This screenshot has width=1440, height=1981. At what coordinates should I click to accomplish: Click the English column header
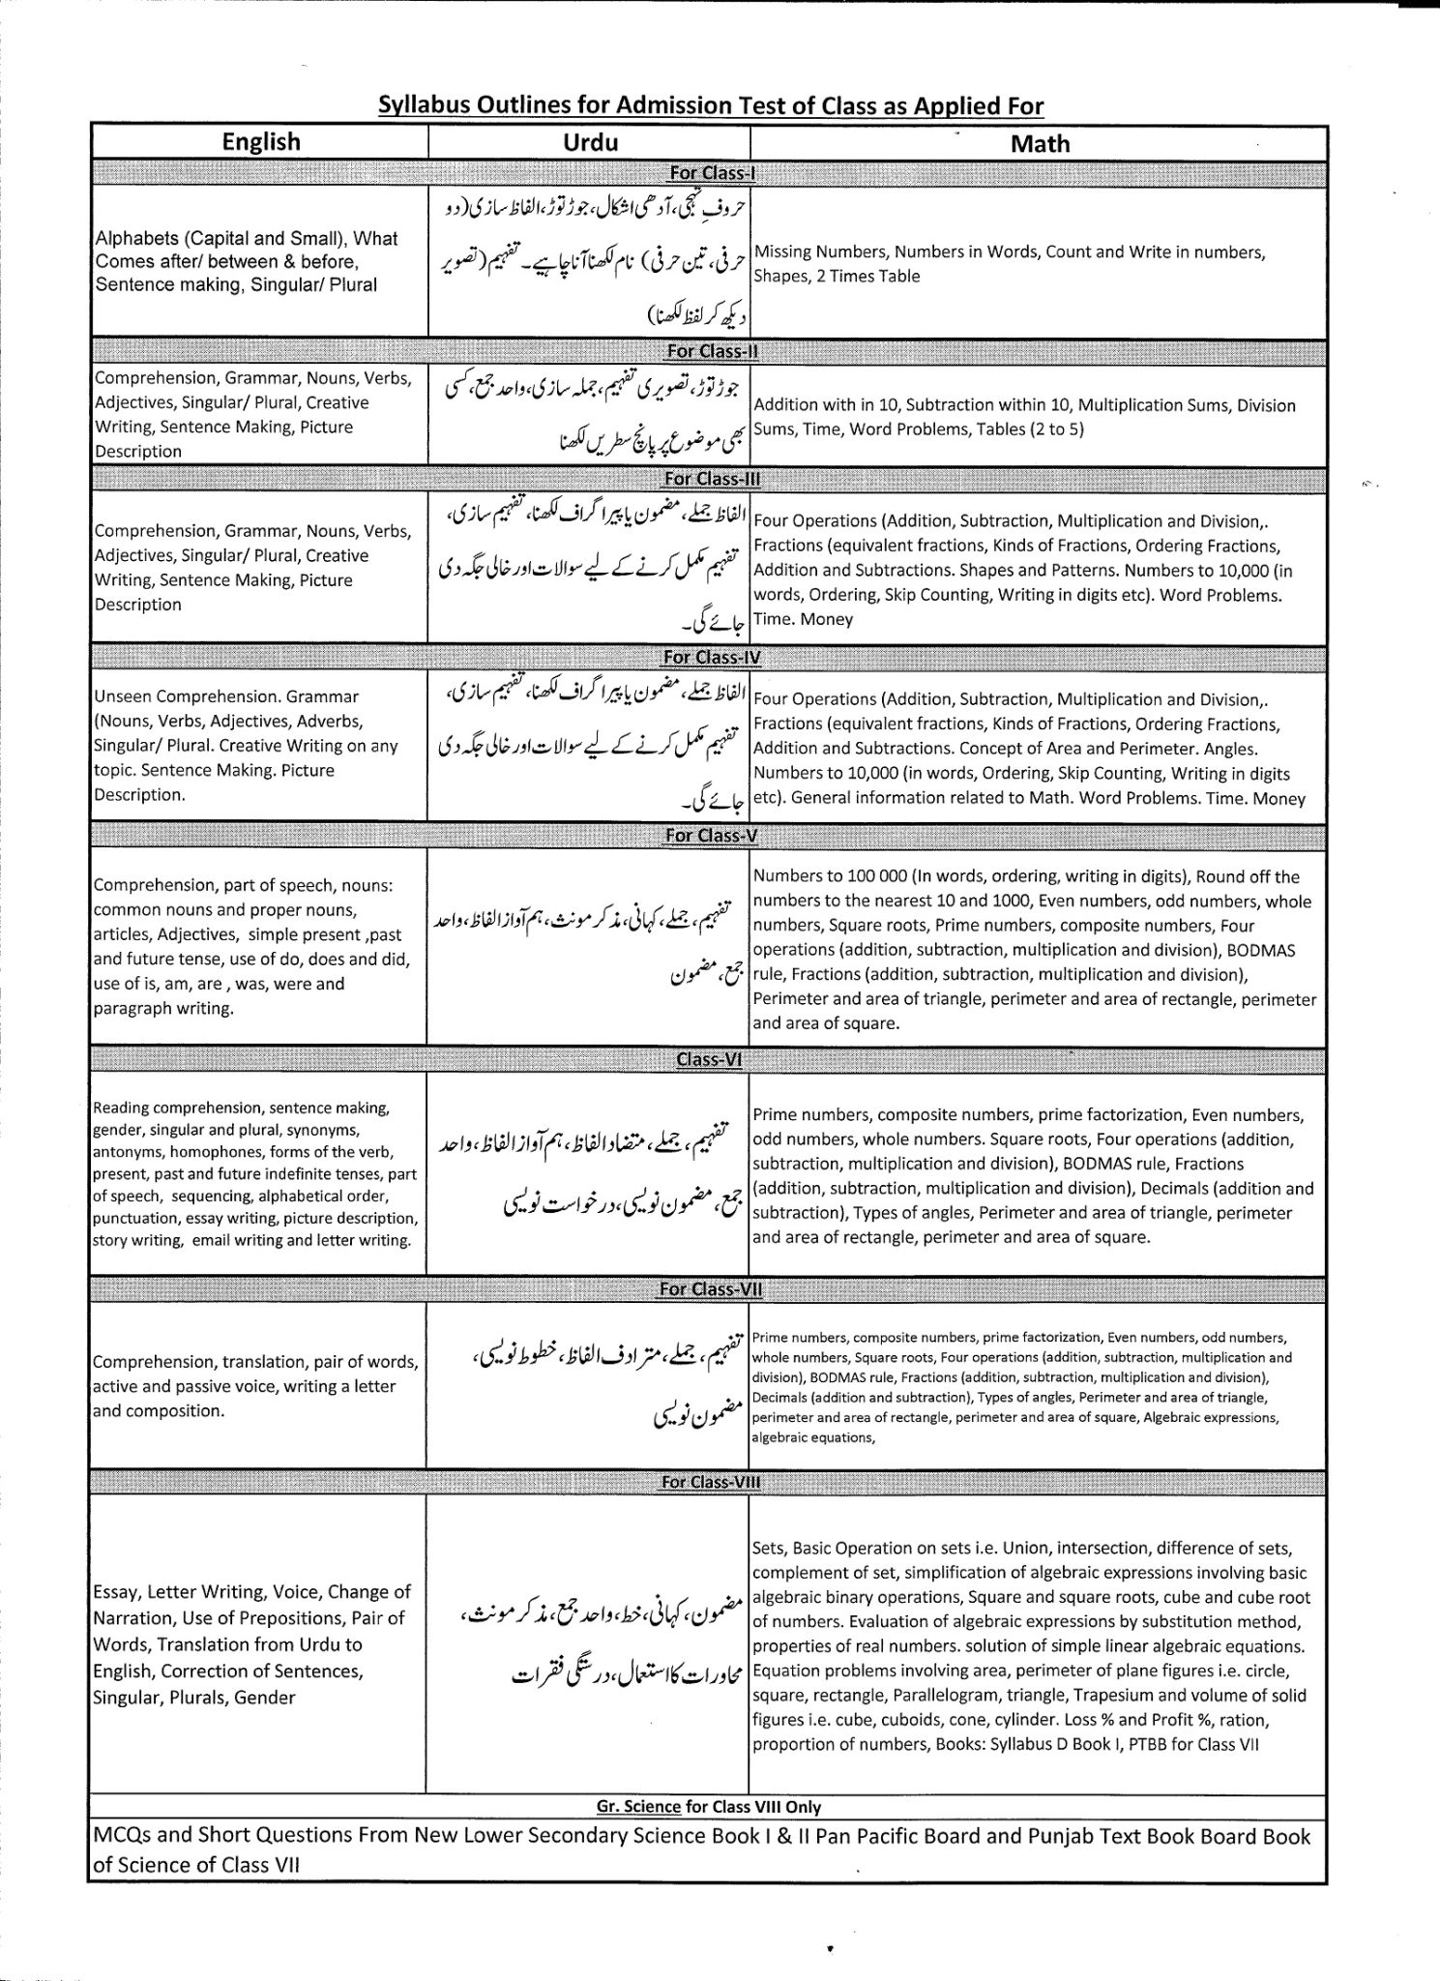coord(261,142)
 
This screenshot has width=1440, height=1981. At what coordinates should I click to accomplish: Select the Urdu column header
coord(590,142)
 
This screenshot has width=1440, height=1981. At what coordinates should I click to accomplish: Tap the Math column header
coord(1040,144)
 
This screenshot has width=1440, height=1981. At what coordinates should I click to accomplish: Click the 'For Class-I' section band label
coord(712,174)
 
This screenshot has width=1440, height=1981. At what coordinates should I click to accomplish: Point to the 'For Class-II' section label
coord(712,351)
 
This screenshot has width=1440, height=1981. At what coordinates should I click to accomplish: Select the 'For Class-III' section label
coord(712,479)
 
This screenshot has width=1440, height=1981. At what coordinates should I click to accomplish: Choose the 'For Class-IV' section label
coord(712,658)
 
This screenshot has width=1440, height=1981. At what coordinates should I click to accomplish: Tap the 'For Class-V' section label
coord(711,835)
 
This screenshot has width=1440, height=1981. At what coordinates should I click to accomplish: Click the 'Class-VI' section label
coord(709,1059)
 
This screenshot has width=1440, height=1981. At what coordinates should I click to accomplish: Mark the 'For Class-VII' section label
coord(710,1288)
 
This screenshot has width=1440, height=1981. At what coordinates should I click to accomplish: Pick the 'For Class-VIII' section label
coord(710,1482)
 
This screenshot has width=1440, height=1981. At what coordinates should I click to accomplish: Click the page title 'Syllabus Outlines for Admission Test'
coord(711,105)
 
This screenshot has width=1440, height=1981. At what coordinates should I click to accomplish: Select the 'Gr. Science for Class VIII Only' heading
coord(709,1807)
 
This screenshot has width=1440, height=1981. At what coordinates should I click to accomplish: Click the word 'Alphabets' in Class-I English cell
coord(133,238)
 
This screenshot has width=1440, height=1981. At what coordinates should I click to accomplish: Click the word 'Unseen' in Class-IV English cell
coord(123,696)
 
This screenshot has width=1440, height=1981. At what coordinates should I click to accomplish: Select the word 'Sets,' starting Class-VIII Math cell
coord(770,1549)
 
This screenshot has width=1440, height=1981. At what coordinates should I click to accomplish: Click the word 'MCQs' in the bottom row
coord(119,1836)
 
